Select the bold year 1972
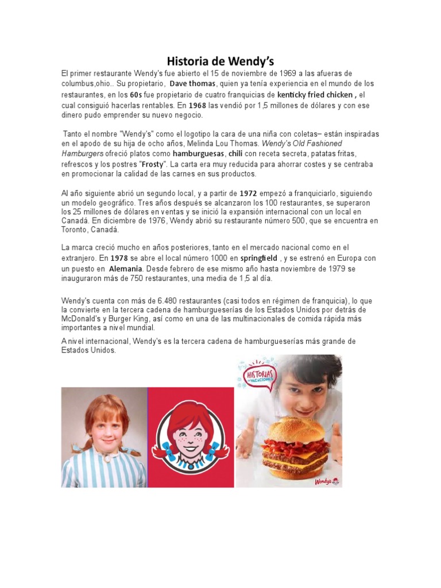click(x=248, y=194)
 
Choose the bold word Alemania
click(x=127, y=268)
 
